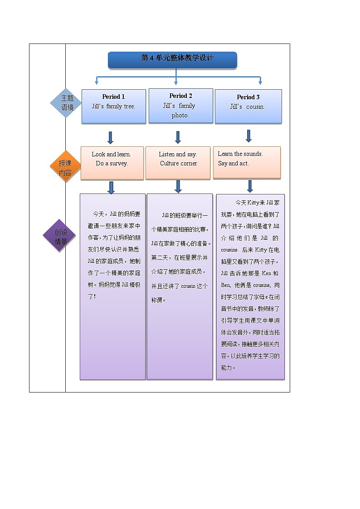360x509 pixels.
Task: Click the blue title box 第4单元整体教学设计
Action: point(172,59)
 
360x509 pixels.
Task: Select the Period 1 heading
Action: point(113,97)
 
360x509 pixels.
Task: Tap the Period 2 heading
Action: point(180,96)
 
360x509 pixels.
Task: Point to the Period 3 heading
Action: point(248,97)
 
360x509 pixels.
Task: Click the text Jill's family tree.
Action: point(113,107)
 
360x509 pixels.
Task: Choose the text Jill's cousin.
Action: point(247,107)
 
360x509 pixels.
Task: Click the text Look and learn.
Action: point(111,154)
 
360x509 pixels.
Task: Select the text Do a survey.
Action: point(112,164)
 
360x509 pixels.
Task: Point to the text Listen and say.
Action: point(178,154)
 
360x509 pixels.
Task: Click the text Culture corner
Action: point(178,164)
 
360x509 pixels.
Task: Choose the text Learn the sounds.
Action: point(240,154)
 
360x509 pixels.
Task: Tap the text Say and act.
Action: point(234,163)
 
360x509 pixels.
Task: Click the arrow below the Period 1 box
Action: point(110,138)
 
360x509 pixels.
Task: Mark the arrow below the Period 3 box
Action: point(248,136)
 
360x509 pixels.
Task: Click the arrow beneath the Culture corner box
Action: point(178,186)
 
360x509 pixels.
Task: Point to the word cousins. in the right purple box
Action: point(229,250)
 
